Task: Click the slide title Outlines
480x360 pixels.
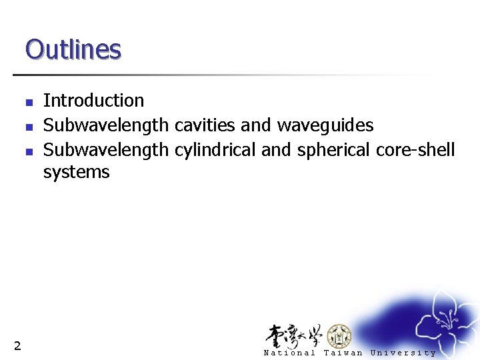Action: coord(73,49)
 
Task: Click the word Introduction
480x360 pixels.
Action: coord(93,101)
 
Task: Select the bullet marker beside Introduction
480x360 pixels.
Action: coord(29,103)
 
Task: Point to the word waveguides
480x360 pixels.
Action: coord(325,125)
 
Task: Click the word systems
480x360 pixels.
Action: coord(76,173)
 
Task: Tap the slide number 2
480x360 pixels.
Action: coord(17,345)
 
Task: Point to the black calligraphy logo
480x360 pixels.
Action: coord(294,335)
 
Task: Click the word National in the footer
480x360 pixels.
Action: coord(289,353)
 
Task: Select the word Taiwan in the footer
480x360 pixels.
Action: coord(343,353)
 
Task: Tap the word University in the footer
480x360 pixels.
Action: coord(403,353)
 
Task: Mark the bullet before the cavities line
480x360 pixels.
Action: coord(29,127)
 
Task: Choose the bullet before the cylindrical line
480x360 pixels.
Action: coord(29,151)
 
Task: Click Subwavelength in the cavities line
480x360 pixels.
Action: coord(106,125)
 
